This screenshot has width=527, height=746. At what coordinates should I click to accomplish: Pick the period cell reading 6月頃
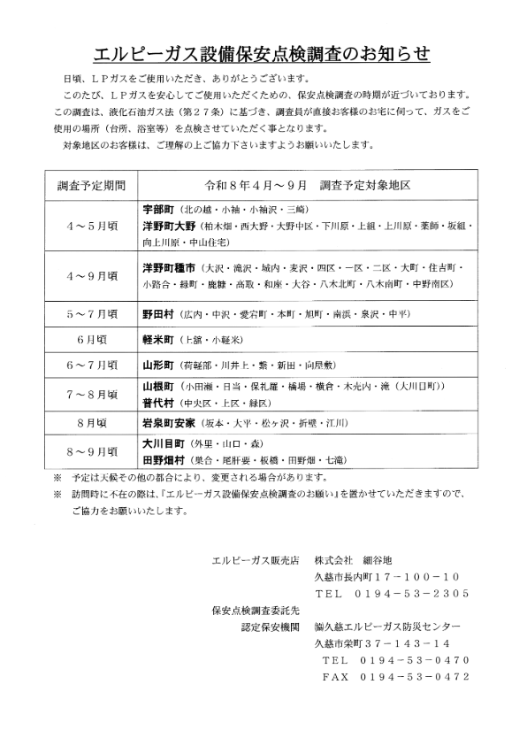pyautogui.click(x=92, y=340)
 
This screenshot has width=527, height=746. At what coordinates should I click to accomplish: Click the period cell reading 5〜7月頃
pyautogui.click(x=92, y=314)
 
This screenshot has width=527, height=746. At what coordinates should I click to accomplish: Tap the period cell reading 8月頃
pyautogui.click(x=92, y=423)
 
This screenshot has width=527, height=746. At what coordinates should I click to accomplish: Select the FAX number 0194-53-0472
pyautogui.click(x=414, y=676)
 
